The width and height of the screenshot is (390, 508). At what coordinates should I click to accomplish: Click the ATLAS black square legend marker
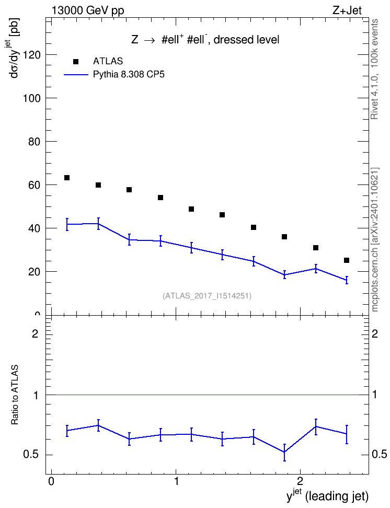(76, 62)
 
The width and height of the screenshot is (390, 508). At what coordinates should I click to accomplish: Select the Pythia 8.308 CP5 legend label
(129, 75)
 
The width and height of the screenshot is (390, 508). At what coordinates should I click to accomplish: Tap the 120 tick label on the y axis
(32, 55)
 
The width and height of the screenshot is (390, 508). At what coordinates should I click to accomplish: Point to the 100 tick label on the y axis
(32, 98)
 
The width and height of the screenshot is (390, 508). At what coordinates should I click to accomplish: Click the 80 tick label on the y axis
(35, 142)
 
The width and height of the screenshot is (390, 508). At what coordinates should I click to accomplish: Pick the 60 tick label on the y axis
(35, 185)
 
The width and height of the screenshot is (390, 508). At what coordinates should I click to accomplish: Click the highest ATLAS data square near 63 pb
(67, 178)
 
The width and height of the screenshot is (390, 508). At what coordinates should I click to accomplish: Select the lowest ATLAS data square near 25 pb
(347, 260)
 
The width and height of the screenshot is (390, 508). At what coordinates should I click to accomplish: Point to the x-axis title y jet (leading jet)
(327, 495)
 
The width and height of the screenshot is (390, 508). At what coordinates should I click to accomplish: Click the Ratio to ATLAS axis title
(15, 395)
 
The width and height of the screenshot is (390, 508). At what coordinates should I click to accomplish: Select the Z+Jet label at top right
(347, 10)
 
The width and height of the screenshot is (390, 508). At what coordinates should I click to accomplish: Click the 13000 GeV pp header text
(88, 11)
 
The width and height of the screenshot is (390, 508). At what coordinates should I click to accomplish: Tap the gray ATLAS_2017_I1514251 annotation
(207, 295)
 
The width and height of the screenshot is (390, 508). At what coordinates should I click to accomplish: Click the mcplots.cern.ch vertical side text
(375, 239)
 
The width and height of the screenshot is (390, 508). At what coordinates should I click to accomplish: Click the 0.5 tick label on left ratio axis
(31, 455)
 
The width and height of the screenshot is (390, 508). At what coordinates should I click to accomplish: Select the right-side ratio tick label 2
(375, 333)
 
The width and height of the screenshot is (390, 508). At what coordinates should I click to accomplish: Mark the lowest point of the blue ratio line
(284, 452)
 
